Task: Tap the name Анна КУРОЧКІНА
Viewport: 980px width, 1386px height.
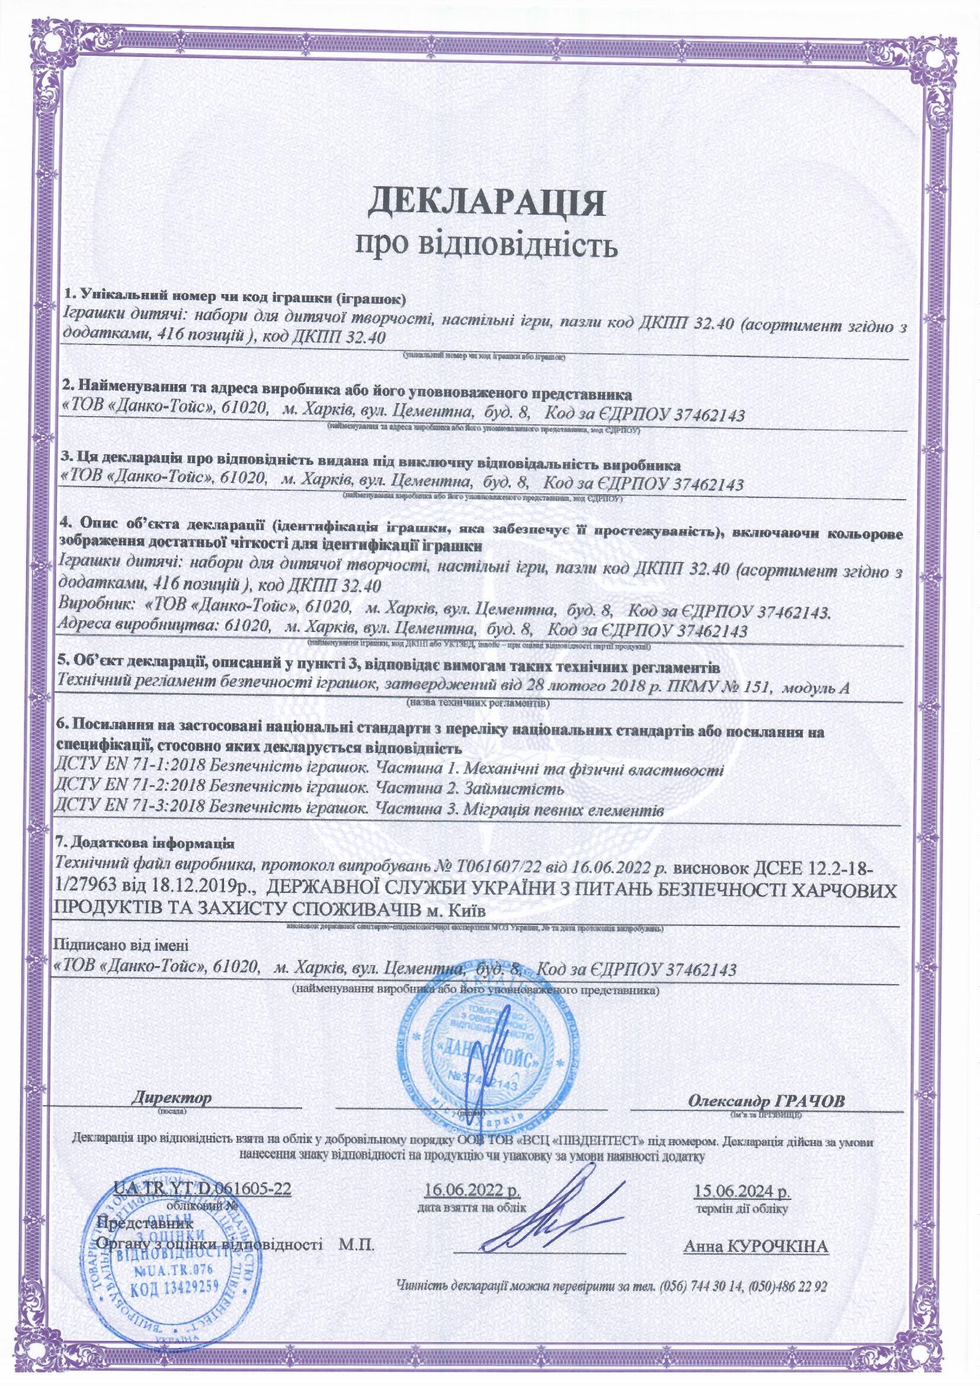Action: point(757,1244)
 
